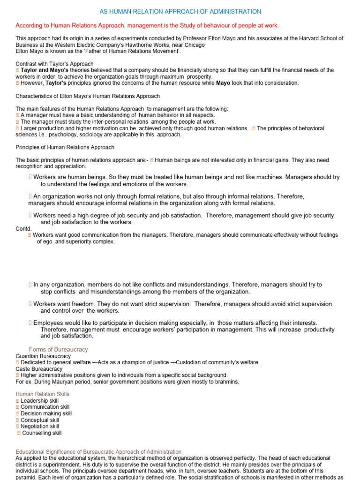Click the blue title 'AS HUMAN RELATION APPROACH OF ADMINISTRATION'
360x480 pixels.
click(x=180, y=11)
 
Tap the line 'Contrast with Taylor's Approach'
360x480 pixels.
click(x=54, y=64)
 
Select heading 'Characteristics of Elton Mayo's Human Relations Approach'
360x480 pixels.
click(x=88, y=96)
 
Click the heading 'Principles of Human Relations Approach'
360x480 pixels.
click(x=65, y=147)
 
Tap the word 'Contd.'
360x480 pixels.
click(x=24, y=229)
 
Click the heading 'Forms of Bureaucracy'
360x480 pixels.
click(x=58, y=350)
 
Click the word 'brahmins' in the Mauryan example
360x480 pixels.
click(x=227, y=382)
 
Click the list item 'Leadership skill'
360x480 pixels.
click(x=40, y=401)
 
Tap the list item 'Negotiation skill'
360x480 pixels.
click(x=40, y=427)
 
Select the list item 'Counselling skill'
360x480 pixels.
click(x=42, y=433)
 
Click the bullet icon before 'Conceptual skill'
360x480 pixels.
click(x=17, y=420)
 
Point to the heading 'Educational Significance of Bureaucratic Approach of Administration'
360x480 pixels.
click(x=98, y=452)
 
